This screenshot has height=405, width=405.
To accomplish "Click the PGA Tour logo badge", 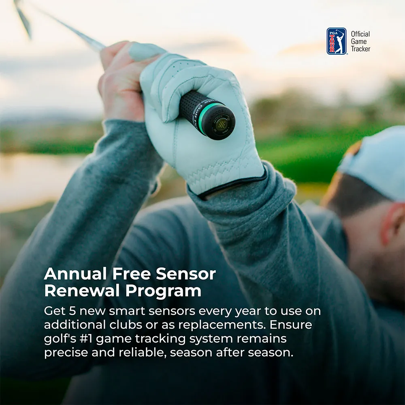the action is click(336, 41).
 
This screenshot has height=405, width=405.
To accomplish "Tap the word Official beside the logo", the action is click(360, 34).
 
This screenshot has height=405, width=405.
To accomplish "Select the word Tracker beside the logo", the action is click(360, 49).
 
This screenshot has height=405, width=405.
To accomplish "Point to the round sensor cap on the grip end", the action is click(221, 124).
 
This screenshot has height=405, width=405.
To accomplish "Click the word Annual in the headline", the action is click(75, 274).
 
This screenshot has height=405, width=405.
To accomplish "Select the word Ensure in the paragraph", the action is click(291, 324).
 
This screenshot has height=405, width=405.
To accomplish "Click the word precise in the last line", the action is click(66, 353).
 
